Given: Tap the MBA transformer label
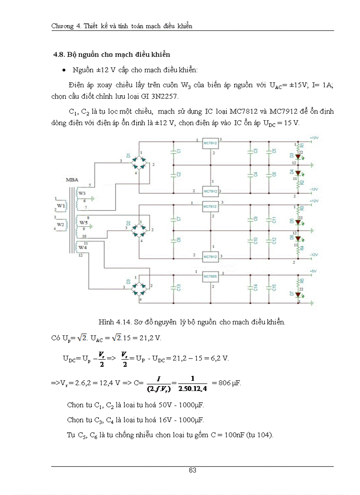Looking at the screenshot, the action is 72,180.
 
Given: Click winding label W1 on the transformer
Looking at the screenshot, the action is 60,205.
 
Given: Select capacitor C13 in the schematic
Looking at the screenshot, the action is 173,287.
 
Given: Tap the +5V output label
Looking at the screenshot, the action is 313,271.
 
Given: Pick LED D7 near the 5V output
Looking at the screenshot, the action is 298,294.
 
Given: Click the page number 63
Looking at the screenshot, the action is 192,470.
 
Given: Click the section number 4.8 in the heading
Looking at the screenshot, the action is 59,55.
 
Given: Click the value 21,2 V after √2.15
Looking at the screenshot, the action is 158,338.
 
